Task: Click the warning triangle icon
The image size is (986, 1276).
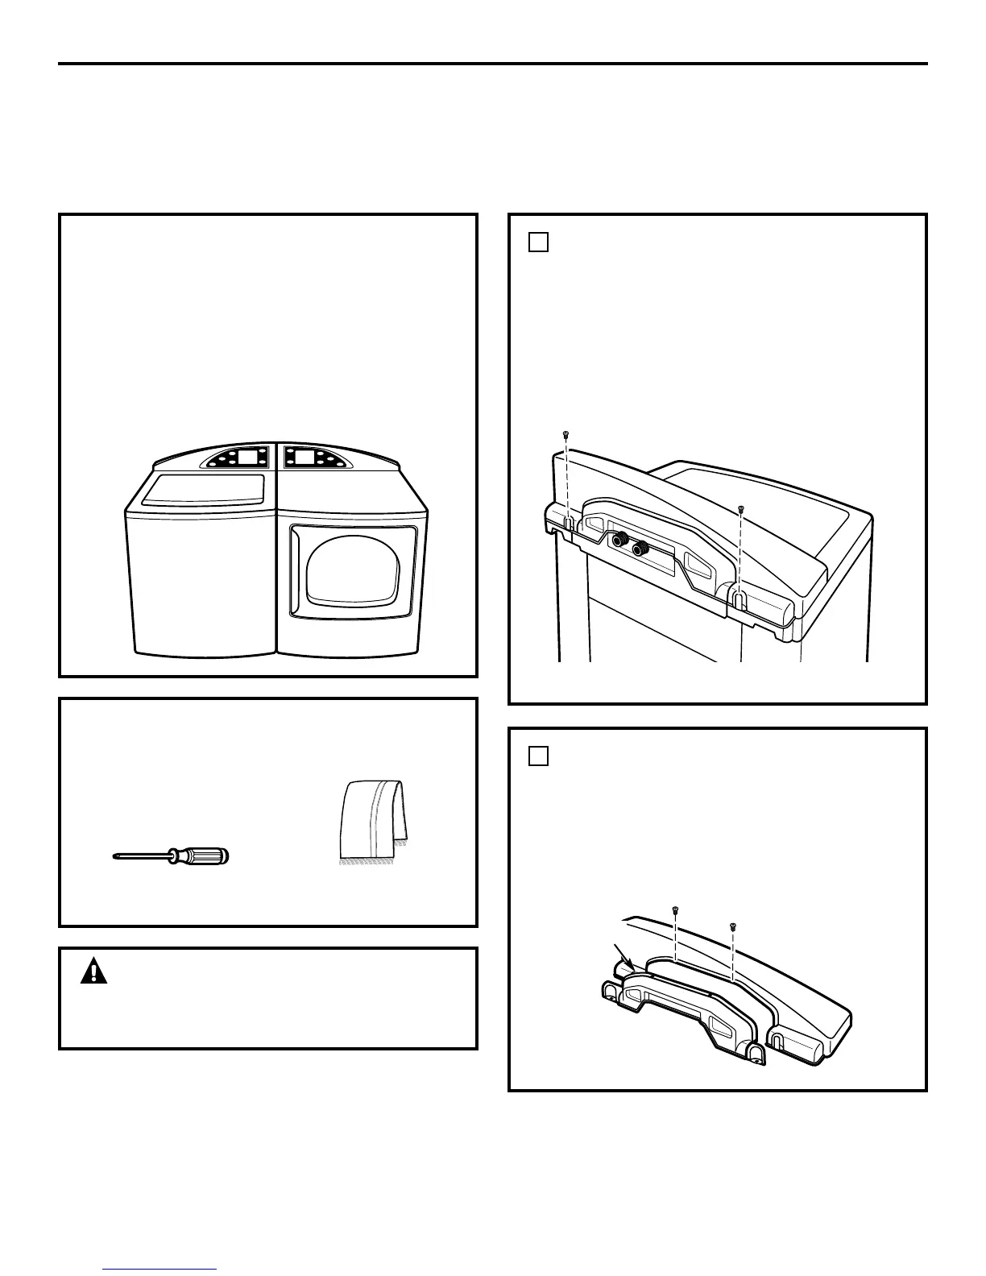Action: click(x=94, y=972)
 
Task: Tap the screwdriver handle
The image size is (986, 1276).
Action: click(x=201, y=856)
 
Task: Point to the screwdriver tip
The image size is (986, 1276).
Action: click(x=115, y=857)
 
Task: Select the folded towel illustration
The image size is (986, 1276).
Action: click(x=372, y=822)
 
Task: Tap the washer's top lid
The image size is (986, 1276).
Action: click(x=204, y=489)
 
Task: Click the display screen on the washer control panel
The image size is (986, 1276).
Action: click(x=251, y=457)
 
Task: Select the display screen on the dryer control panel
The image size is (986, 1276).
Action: click(x=304, y=457)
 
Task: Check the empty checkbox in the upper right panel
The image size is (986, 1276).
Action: click(x=539, y=242)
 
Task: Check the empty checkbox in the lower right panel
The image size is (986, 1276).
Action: click(x=539, y=756)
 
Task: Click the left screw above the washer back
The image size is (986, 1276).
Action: click(x=566, y=435)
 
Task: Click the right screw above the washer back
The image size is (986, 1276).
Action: click(x=741, y=509)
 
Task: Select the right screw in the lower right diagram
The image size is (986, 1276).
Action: click(x=732, y=926)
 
